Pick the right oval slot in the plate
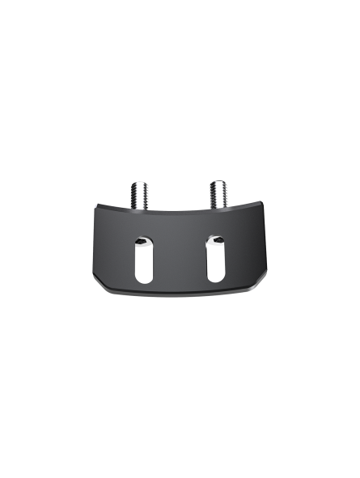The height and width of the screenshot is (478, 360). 215,257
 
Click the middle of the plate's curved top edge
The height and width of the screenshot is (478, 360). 180,212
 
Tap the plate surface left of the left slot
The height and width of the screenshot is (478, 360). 113,255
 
